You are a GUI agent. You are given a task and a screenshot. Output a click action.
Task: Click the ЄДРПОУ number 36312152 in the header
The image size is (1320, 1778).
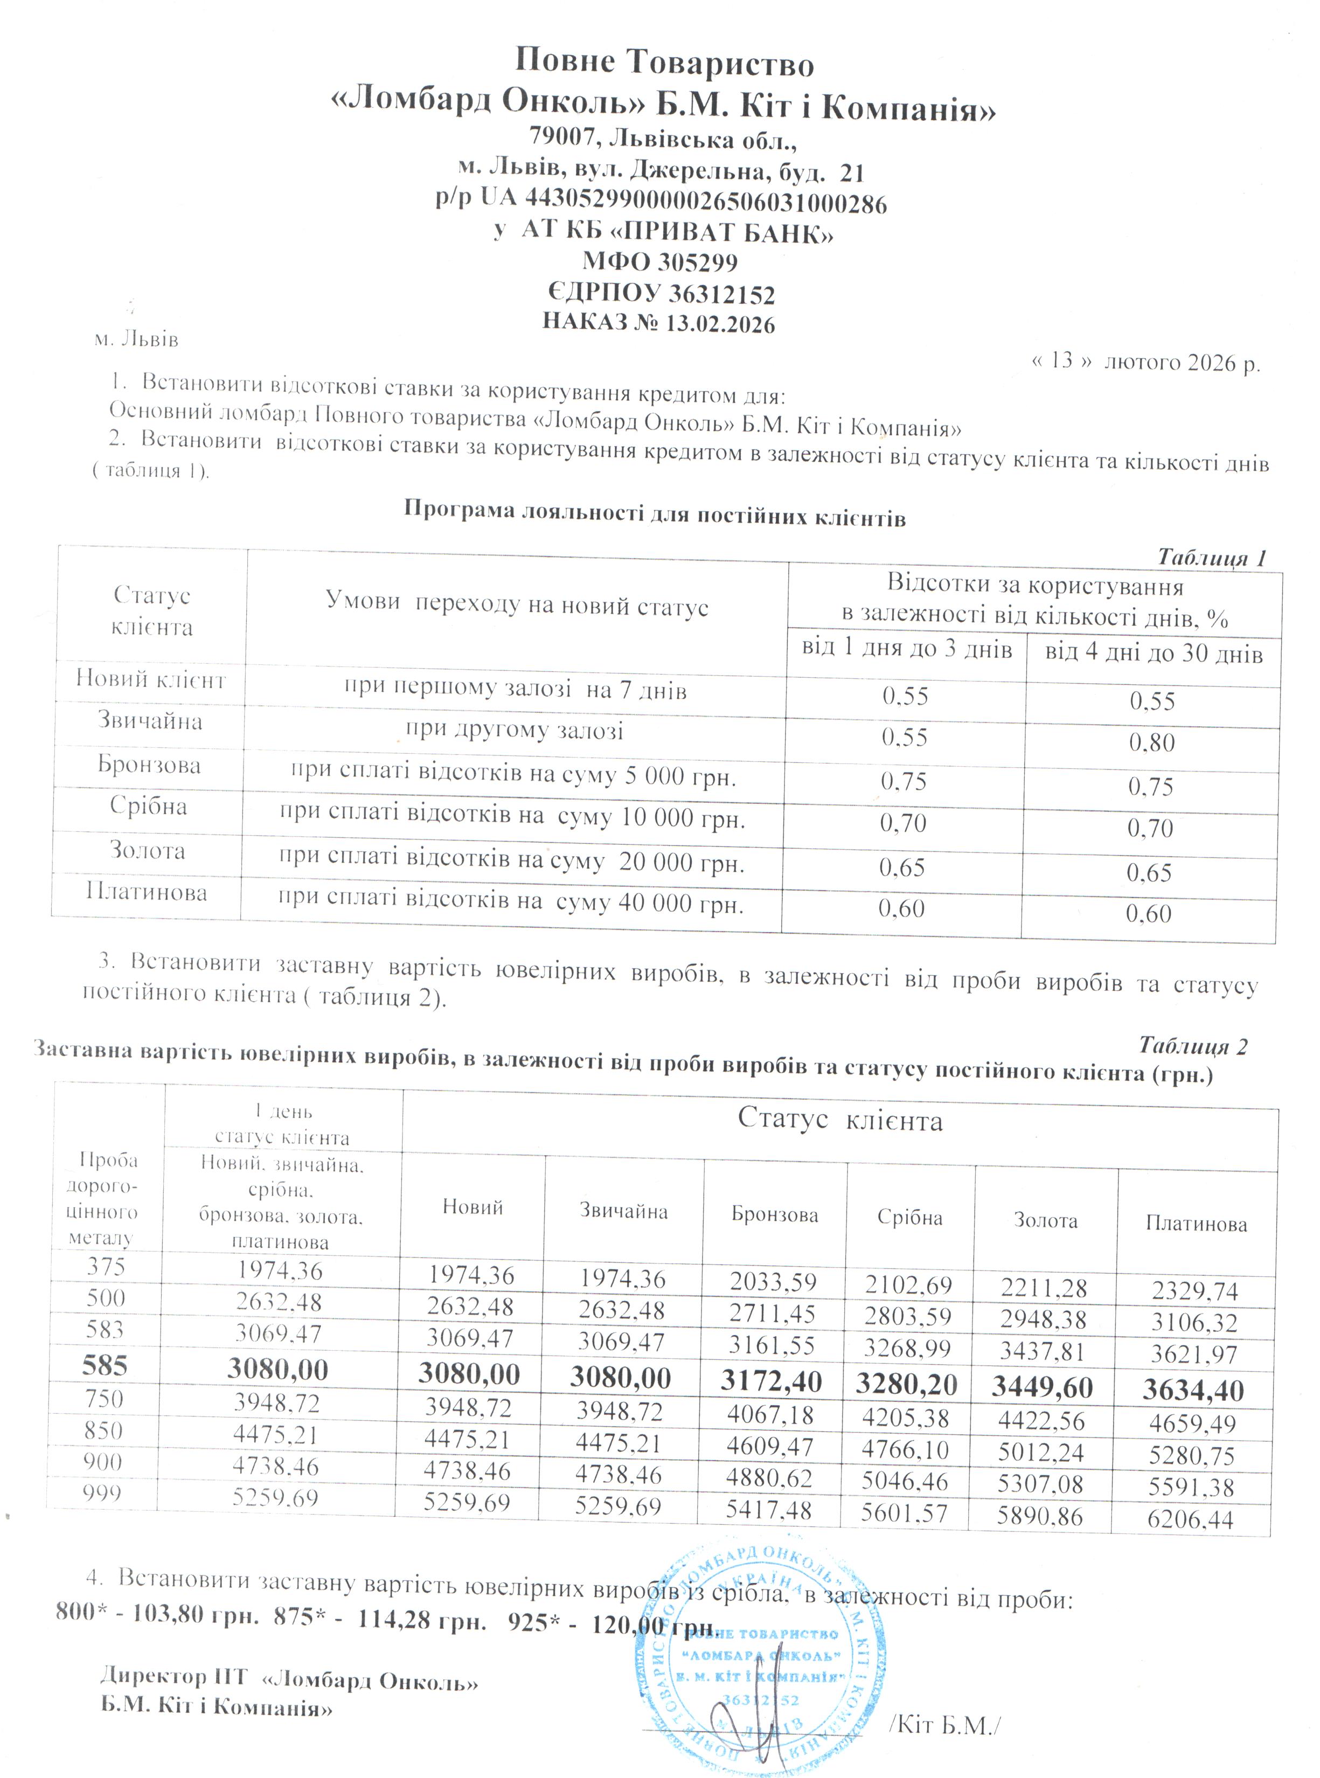pos(721,295)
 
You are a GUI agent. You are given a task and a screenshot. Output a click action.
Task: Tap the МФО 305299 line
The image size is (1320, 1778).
pos(659,262)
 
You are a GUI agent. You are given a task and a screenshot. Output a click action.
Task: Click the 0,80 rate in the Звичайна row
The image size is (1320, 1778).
pos(1151,742)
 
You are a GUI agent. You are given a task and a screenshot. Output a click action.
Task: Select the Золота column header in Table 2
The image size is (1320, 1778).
pos(1045,1220)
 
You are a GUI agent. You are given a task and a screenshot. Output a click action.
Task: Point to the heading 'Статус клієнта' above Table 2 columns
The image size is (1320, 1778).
pos(840,1120)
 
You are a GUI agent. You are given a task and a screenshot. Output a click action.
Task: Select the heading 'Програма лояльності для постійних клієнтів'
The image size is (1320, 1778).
pos(655,514)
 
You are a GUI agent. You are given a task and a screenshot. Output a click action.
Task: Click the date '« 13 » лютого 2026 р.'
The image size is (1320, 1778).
pos(1145,362)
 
